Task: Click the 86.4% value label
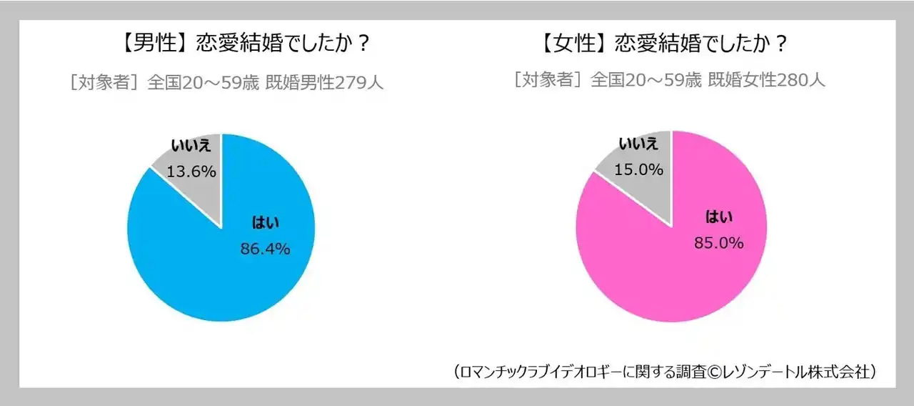264,249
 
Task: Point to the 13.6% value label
191,172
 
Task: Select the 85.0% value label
718,243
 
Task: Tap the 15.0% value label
639,170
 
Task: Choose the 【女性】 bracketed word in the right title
569,44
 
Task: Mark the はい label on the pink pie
719,217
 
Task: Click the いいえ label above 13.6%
191,147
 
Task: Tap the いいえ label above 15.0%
638,144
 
